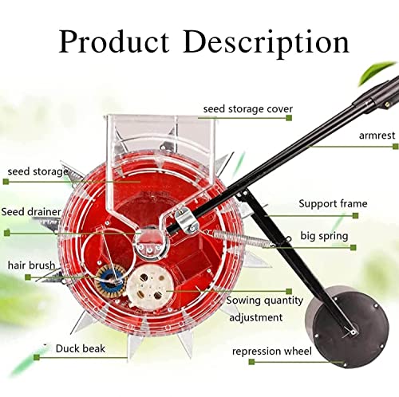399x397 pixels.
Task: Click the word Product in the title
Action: tap(114, 41)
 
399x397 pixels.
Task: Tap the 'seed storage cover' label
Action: tap(248, 109)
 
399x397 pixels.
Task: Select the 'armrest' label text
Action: tap(377, 136)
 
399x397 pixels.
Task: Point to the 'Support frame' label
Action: tap(333, 203)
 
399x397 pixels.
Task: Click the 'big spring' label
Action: tap(324, 236)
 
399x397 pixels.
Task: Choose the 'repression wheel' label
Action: tap(272, 352)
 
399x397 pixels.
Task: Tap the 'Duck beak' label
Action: tap(81, 348)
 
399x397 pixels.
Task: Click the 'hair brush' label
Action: tap(31, 265)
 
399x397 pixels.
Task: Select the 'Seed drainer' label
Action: tap(31, 212)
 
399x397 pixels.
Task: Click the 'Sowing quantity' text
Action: tap(265, 301)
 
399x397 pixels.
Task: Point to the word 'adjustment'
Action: tap(256, 317)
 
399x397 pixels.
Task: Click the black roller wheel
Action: tap(347, 326)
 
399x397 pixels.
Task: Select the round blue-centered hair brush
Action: tap(111, 280)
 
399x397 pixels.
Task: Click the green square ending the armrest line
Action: tap(396, 146)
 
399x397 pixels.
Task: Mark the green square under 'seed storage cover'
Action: tap(289, 117)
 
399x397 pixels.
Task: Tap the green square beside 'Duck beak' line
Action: tap(37, 357)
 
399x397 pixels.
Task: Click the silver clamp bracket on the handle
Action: tap(187, 220)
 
